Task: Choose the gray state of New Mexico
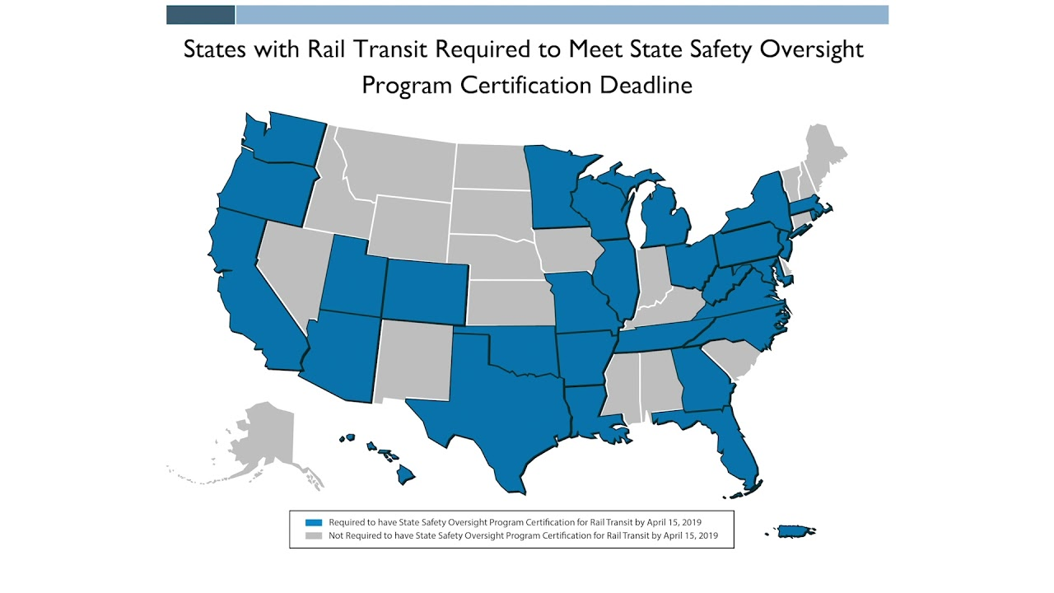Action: point(416,362)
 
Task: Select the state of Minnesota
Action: point(556,189)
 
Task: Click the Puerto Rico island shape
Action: point(792,531)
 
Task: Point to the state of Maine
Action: point(823,148)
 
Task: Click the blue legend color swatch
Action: point(313,522)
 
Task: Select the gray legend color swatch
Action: point(313,535)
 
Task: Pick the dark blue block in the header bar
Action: point(200,15)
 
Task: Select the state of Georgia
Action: point(700,379)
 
